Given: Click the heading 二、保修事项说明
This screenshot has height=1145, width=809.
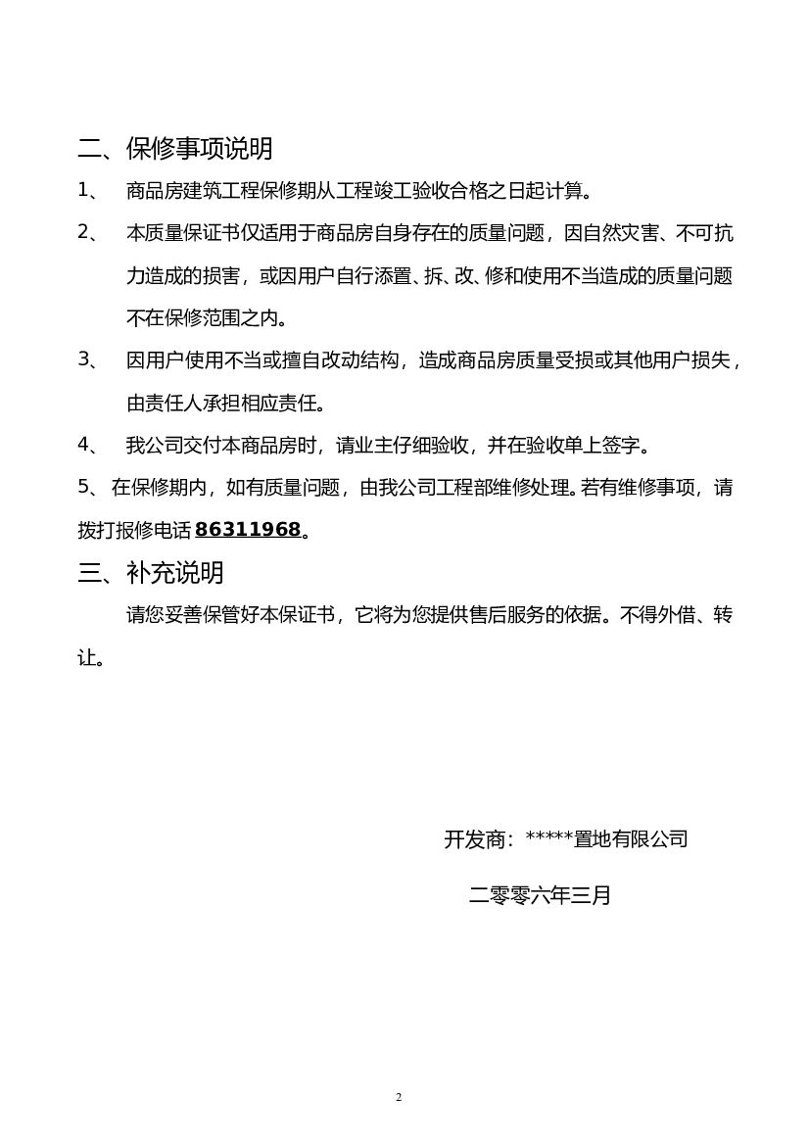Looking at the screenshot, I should [x=175, y=149].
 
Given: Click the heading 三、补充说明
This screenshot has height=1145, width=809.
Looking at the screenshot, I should [x=151, y=572].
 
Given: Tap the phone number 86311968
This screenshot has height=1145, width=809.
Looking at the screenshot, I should [x=248, y=530].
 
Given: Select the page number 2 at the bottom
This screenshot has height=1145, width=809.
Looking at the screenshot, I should [x=399, y=1096].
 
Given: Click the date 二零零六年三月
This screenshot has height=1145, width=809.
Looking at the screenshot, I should [x=540, y=894].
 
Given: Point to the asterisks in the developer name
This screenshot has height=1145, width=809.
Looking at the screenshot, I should [x=548, y=838].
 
